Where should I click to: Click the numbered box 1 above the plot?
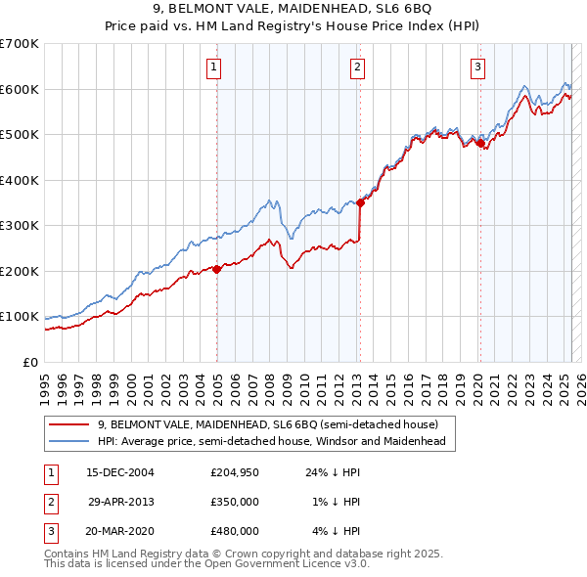coord(213,67)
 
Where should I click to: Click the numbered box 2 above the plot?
coord(358,67)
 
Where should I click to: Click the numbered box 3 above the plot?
coord(477,67)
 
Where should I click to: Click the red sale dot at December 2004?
coord(216,269)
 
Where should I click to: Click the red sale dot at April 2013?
coord(360,203)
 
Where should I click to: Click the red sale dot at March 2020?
coord(480,144)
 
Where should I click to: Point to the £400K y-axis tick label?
coord(20,180)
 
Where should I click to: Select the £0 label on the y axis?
coord(31,362)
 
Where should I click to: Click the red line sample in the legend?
coord(69,424)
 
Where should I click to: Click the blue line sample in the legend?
coord(69,442)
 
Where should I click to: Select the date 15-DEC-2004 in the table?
coord(120,472)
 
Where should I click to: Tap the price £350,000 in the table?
coord(235,502)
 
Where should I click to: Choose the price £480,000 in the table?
coord(235,531)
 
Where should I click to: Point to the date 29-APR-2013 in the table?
coord(121,502)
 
